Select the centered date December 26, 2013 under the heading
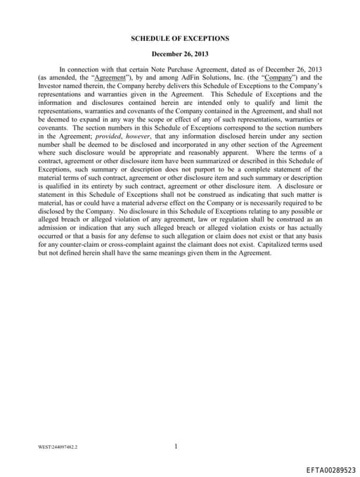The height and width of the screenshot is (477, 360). (x=180, y=53)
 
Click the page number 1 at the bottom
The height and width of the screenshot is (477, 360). (x=176, y=426)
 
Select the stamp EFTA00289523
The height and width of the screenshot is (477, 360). (x=331, y=468)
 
